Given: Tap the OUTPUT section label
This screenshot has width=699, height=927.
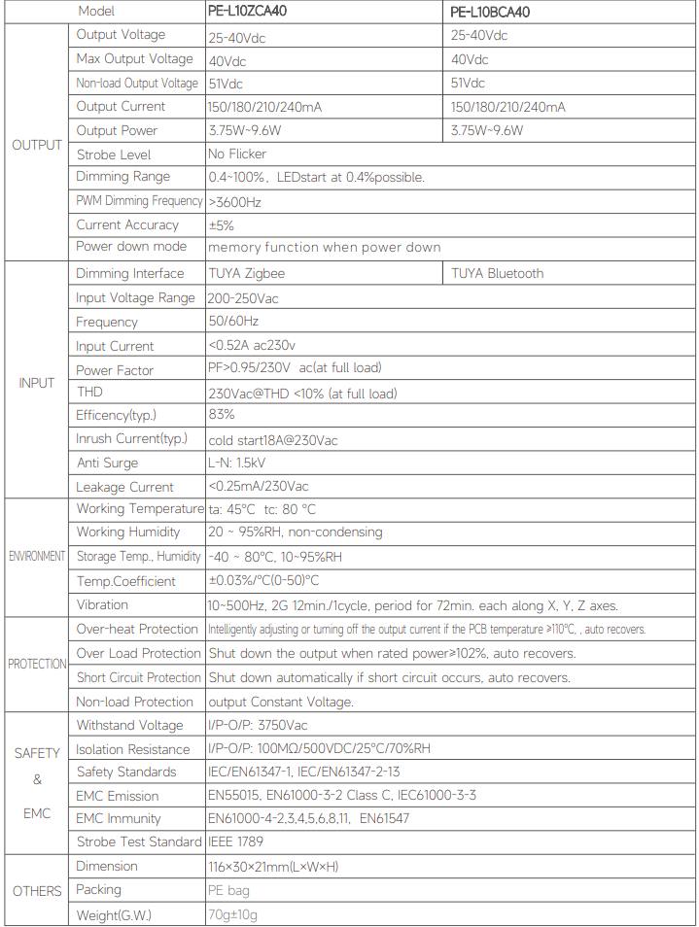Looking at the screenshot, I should coord(37,145).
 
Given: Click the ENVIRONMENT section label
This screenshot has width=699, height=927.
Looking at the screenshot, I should coord(37,557).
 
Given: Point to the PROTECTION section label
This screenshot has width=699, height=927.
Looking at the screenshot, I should coord(37,665).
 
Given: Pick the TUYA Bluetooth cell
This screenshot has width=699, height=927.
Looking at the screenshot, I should coord(497,274).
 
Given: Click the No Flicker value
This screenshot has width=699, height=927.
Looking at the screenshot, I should coord(237,154).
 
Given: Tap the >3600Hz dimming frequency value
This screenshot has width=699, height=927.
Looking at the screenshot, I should coord(234,202).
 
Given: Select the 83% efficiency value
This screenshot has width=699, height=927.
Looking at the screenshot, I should coord(221,415).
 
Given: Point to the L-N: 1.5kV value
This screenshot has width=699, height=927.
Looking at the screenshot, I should coord(237,463).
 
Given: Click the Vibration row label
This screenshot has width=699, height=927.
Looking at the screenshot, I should coord(103,604).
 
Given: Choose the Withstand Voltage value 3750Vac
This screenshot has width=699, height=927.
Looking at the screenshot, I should coord(259,726).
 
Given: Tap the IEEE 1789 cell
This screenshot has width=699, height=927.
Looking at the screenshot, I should coord(235,841).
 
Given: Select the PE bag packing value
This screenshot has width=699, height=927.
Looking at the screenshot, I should coord(229,890).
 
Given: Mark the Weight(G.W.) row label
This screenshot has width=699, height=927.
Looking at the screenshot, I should coord(114,915).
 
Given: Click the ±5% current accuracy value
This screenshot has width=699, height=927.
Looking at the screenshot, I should coord(221,225).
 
